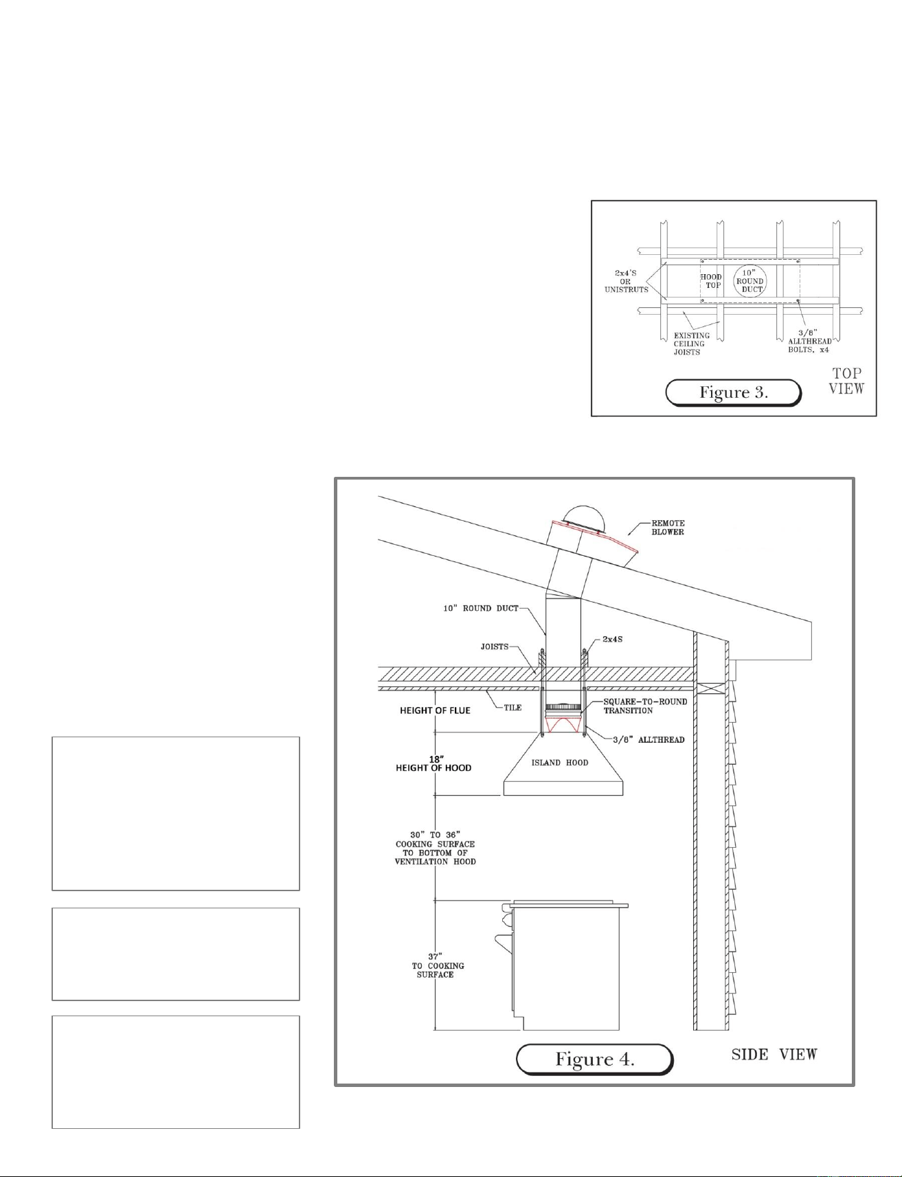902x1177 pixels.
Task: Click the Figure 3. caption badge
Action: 733,392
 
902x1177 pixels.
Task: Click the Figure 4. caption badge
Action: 594,1059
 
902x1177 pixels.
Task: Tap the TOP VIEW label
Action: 846,381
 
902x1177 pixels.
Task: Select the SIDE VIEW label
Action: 774,1054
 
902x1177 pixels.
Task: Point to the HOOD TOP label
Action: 712,281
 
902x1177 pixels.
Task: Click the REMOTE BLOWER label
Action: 668,528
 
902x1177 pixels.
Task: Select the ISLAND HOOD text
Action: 560,763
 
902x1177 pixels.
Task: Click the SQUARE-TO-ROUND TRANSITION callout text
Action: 645,706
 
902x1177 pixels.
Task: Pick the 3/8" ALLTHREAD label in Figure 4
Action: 649,739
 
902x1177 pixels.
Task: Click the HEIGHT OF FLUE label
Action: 435,710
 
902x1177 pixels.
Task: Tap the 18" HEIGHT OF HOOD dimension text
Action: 433,763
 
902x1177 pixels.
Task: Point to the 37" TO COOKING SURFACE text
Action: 438,965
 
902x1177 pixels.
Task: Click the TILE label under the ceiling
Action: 512,708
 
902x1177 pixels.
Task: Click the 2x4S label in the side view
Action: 605,640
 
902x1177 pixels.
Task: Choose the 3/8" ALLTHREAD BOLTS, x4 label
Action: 810,341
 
